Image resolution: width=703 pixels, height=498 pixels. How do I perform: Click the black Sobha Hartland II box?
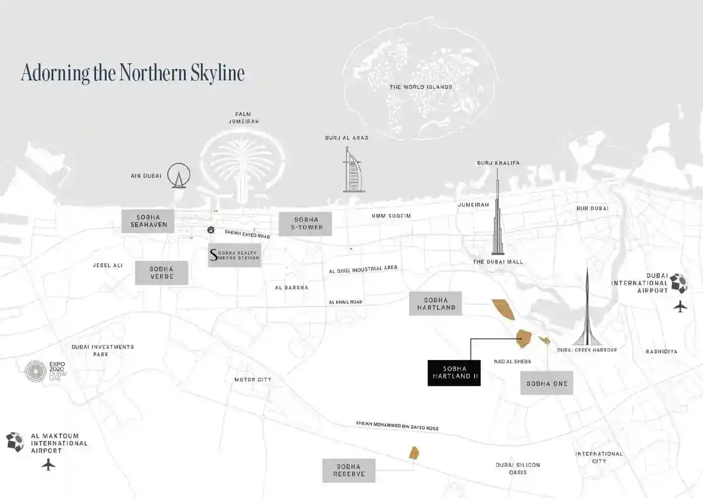click(x=454, y=372)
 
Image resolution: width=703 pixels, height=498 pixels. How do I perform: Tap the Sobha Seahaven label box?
click(x=149, y=221)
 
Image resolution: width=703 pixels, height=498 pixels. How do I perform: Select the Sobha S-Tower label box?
click(x=305, y=223)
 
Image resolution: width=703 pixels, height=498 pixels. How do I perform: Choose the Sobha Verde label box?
click(x=162, y=273)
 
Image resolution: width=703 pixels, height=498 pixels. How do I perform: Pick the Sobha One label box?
click(x=547, y=383)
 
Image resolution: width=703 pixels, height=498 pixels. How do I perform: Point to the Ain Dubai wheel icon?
click(x=179, y=175)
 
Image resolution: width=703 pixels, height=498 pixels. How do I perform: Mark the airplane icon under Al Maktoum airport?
click(x=49, y=465)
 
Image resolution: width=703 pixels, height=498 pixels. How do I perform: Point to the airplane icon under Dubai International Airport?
click(x=680, y=306)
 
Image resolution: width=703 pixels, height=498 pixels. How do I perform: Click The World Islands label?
click(x=421, y=87)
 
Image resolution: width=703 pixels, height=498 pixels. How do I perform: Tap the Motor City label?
click(x=252, y=380)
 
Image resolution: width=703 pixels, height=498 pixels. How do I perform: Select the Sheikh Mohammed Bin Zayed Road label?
click(x=397, y=426)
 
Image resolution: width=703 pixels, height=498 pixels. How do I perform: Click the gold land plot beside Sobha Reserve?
click(x=414, y=453)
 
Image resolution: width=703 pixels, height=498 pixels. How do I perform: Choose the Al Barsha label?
click(x=291, y=287)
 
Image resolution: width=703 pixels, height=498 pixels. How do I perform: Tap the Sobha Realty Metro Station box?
click(x=234, y=255)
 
